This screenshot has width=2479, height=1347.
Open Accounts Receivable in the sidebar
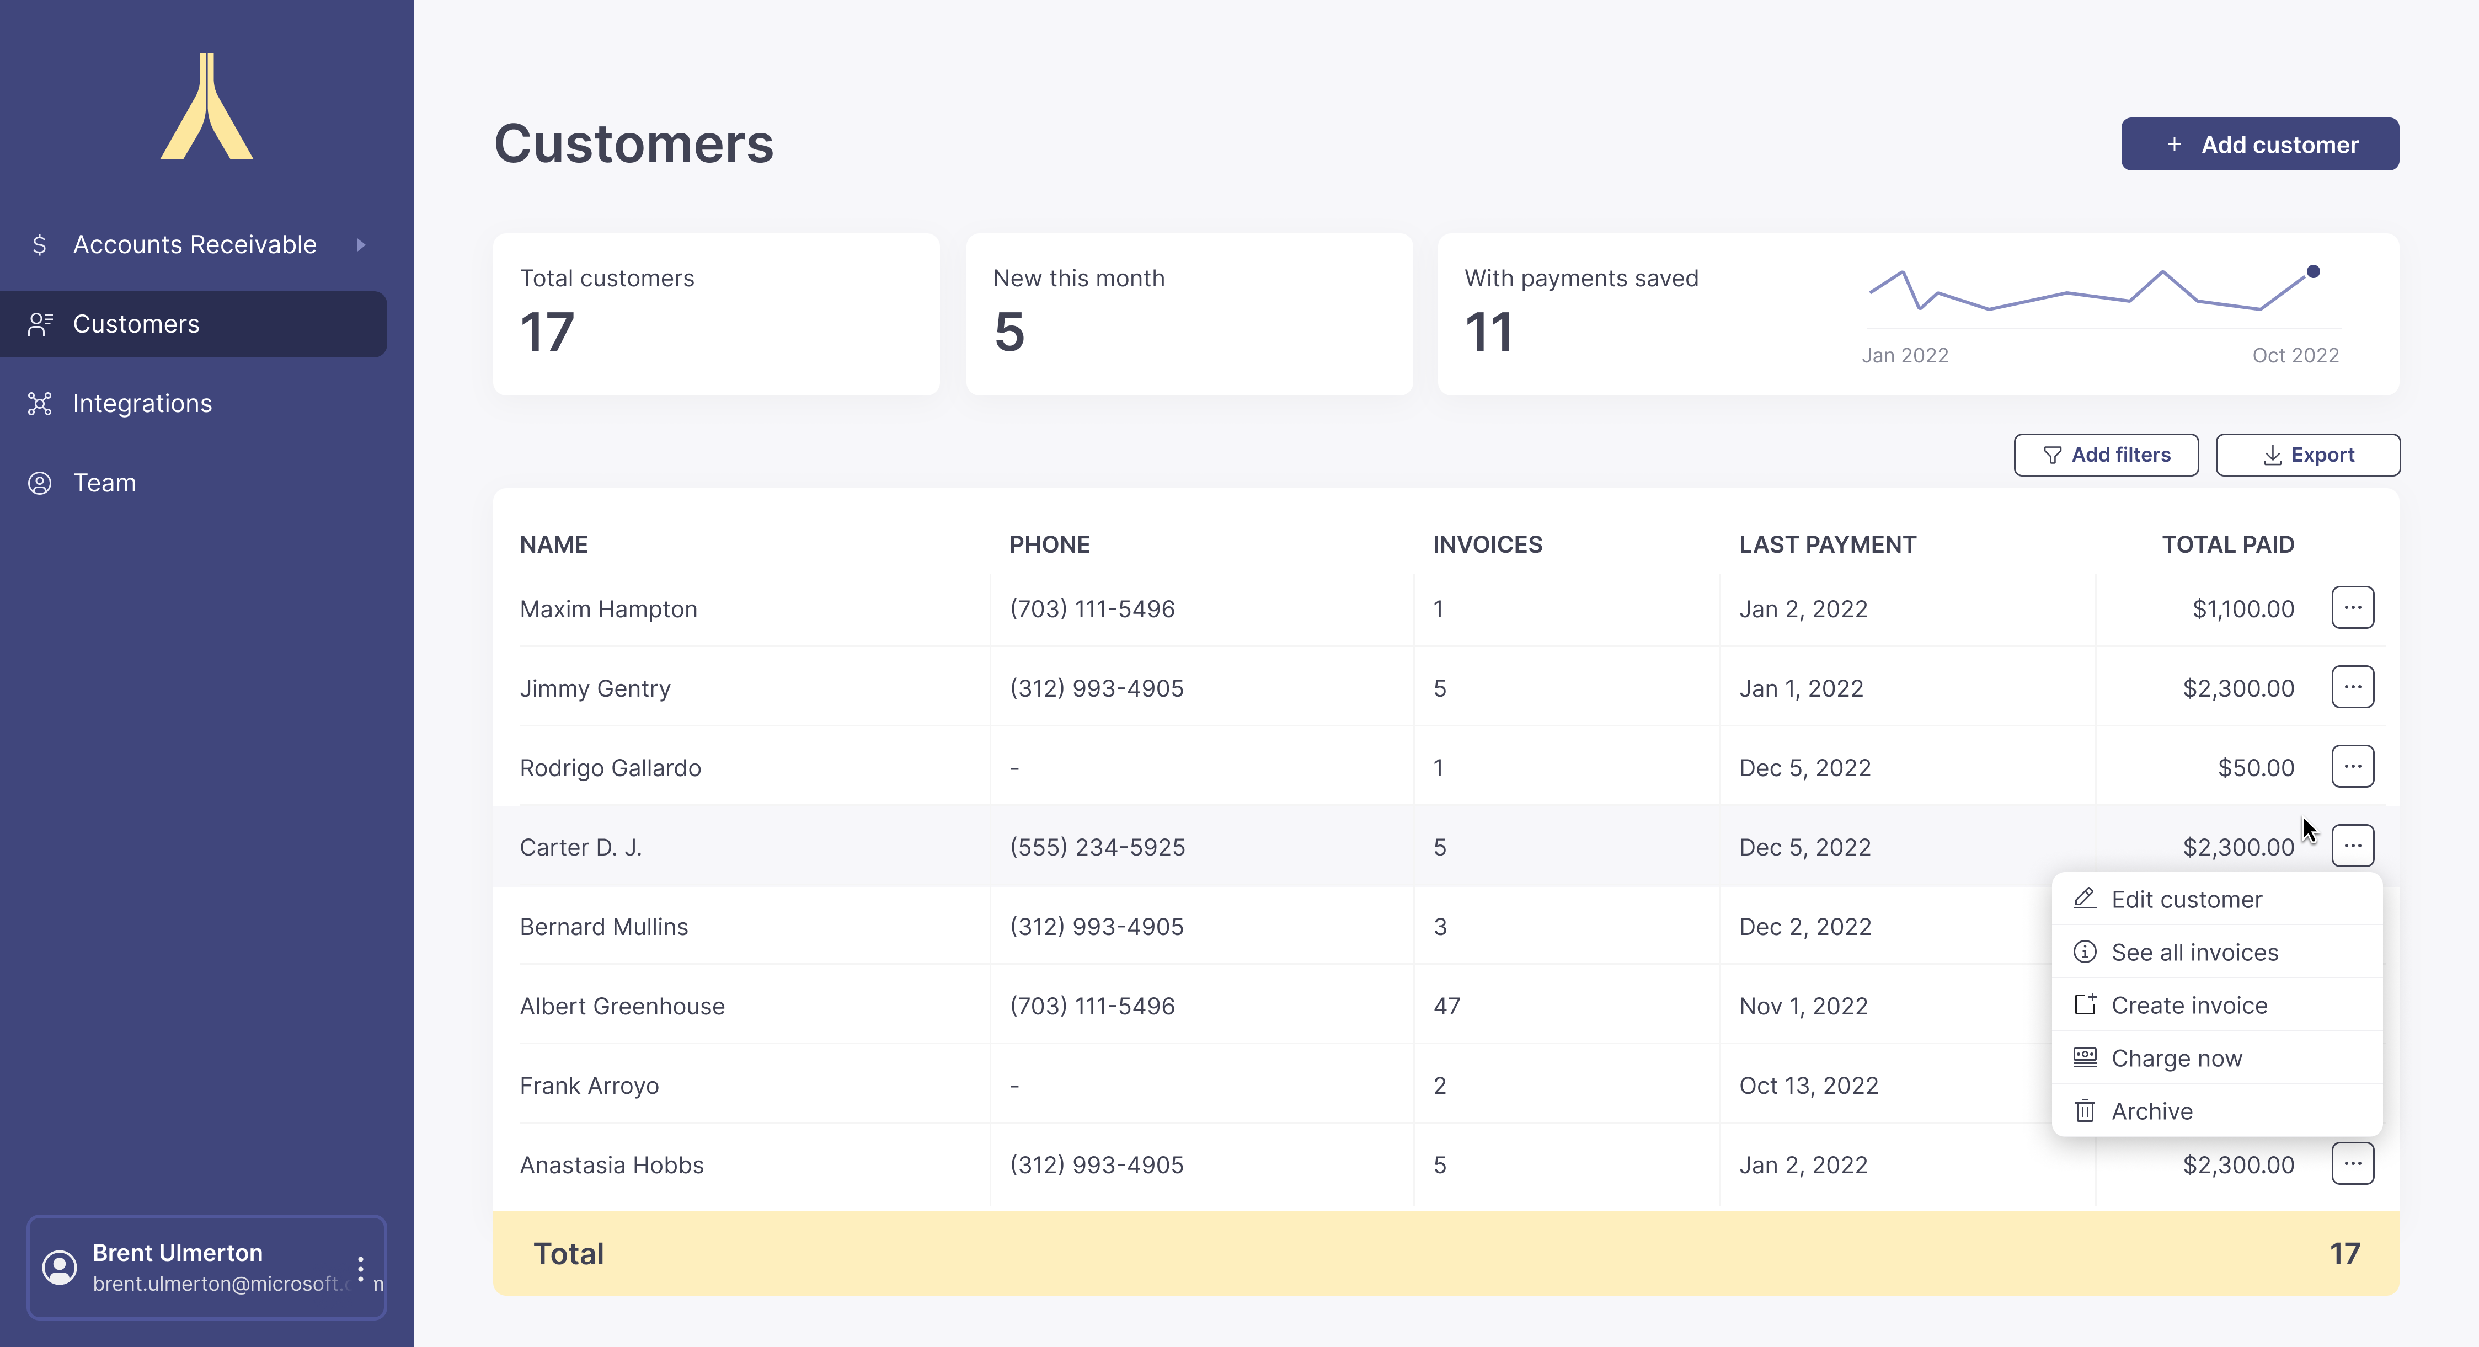coord(194,244)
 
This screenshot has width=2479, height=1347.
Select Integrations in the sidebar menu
coord(142,403)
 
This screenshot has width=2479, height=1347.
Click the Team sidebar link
coord(104,483)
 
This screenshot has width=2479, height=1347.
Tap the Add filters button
coord(2106,455)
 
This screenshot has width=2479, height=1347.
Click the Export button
coord(2307,455)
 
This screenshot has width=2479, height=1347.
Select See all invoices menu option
coord(2194,953)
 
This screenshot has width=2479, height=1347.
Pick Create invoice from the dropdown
coord(2188,1006)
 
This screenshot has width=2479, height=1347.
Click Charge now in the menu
coord(2176,1059)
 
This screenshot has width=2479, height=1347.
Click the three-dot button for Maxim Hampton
coord(2352,608)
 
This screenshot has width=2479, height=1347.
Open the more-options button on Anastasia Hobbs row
coord(2352,1164)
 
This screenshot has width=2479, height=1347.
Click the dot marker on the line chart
coord(2312,271)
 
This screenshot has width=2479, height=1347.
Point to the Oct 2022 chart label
coord(2295,355)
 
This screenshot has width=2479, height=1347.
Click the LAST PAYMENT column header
coord(1826,544)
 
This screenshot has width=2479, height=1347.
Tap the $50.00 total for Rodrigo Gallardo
coord(2255,768)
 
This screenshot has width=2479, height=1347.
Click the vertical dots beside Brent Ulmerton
coord(361,1268)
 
